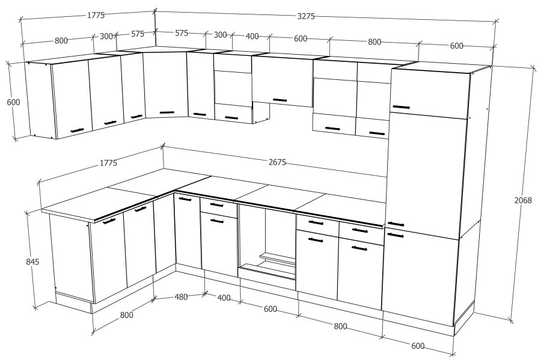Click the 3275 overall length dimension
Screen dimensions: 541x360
coord(306,16)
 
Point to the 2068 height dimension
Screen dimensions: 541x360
coord(523,200)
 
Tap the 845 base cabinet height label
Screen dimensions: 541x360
coord(33,261)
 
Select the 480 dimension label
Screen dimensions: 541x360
coord(181,296)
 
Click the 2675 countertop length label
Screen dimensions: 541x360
coord(277,162)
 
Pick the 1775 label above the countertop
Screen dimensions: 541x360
coord(108,163)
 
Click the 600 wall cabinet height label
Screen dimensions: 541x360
coord(13,102)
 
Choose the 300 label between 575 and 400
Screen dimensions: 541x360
coord(220,35)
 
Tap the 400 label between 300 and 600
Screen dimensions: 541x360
coord(252,36)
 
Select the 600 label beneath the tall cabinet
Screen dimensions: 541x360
coord(418,346)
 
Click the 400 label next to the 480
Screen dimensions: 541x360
coord(224,297)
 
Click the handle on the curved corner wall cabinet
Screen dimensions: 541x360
coord(167,112)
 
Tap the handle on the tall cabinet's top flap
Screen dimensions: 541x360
coord(402,107)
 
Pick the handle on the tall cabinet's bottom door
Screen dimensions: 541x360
coord(396,235)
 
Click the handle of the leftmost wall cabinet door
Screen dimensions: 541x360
coord(77,130)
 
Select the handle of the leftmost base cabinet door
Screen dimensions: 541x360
coord(109,221)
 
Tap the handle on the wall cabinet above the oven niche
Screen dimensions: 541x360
coord(280,100)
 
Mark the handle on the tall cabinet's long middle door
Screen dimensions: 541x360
coord(396,224)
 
